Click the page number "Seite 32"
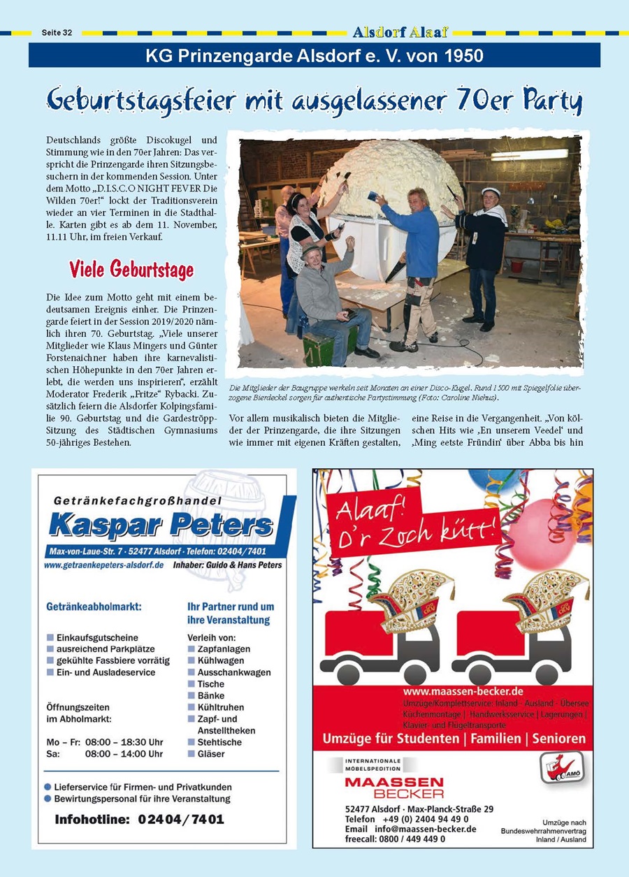coord(57,33)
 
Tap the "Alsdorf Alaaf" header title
coord(400,32)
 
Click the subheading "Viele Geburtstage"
coord(131,269)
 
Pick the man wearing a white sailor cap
coord(484,252)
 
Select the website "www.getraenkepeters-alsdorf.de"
coord(103,565)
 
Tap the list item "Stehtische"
coord(219,742)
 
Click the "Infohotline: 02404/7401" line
coord(140,819)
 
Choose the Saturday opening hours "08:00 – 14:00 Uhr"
coord(124,754)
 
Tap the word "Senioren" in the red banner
coord(548,738)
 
